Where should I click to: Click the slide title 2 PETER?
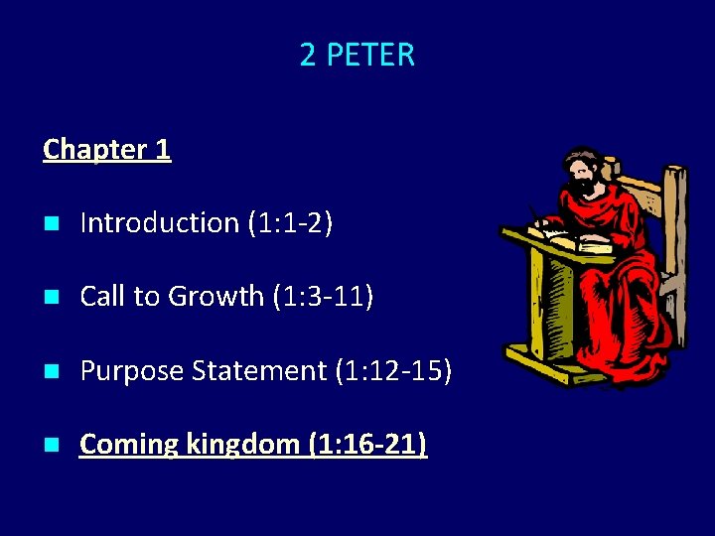pos(357,55)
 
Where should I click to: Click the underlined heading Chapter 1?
pos(107,150)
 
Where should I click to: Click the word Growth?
pos(218,297)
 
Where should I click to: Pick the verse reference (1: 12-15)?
pos(393,371)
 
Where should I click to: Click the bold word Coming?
pos(129,445)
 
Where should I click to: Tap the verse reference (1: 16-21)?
pos(368,445)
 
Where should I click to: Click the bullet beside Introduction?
pos(51,224)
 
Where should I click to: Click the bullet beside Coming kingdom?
pos(51,446)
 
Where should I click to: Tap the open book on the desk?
pos(566,238)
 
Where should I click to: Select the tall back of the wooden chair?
pos(675,238)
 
